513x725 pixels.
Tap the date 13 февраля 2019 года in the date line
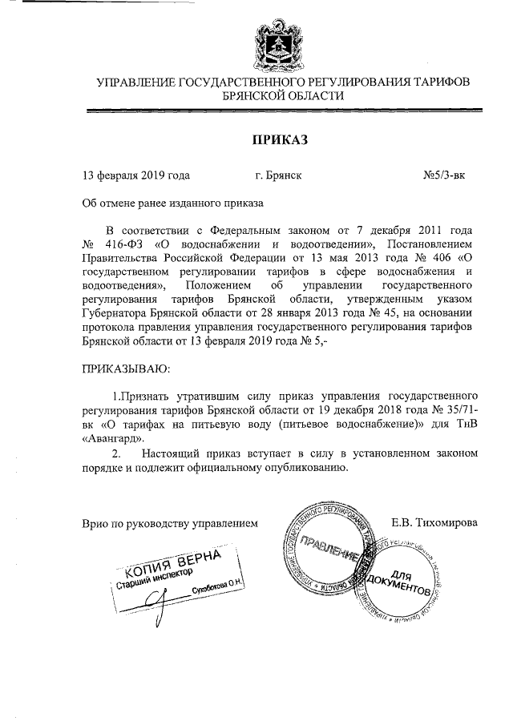(136, 173)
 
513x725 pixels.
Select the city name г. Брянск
(278, 173)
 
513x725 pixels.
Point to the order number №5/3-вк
(444, 173)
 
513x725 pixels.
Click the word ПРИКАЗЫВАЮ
(127, 369)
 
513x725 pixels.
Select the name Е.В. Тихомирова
(434, 522)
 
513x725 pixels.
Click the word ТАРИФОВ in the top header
(436, 82)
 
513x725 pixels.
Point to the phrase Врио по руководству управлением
(171, 522)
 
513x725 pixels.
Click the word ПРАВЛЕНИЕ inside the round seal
(329, 552)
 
